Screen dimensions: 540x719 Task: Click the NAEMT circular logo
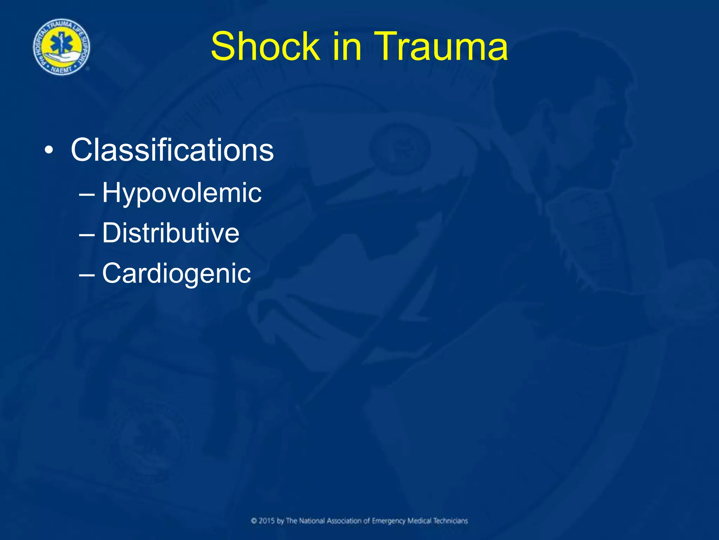(61, 47)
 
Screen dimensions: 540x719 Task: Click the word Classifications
(172, 150)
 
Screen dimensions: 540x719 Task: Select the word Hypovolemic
(182, 193)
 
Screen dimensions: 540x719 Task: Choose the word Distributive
(171, 233)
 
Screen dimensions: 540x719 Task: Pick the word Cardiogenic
(177, 273)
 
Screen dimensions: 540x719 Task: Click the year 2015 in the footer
(267, 521)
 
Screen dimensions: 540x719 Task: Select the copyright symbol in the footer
(254, 521)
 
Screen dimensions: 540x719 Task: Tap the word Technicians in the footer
(450, 521)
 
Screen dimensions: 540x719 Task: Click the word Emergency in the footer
(388, 521)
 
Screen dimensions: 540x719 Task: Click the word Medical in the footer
(419, 521)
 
